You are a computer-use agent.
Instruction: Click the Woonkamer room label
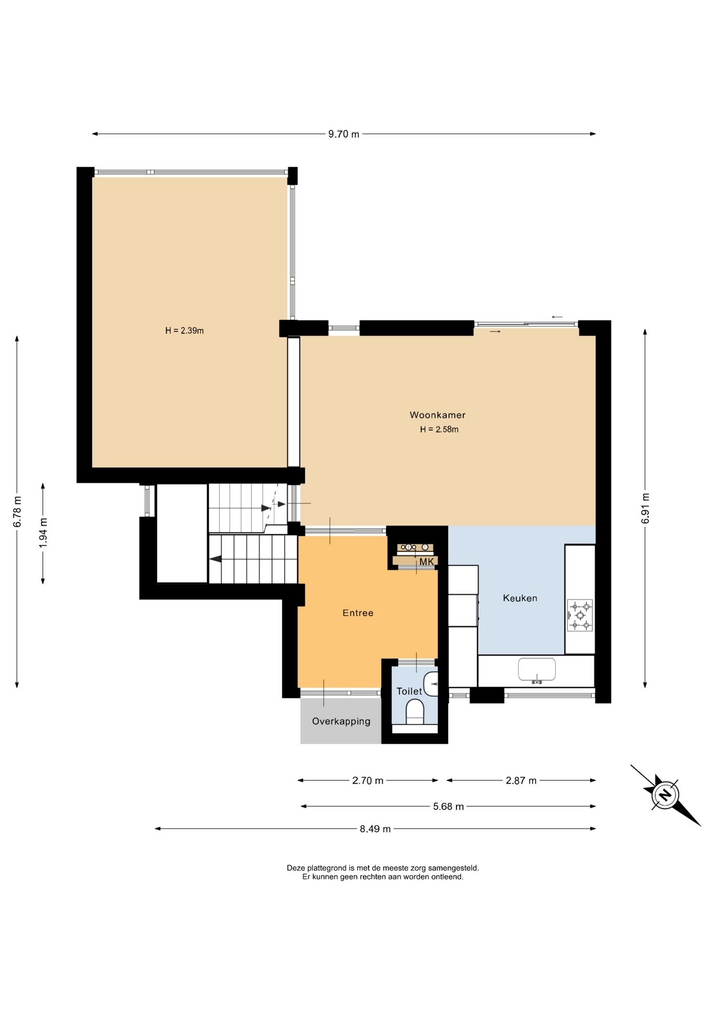point(438,415)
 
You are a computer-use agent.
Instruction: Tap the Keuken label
point(520,598)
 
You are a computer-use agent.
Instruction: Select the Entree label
point(358,613)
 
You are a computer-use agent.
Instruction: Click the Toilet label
point(409,691)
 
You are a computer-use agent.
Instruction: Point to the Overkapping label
point(341,721)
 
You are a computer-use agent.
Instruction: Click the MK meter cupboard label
point(426,562)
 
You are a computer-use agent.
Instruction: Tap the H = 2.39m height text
point(184,331)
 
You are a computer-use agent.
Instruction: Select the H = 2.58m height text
point(439,429)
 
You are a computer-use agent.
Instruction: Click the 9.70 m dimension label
point(344,134)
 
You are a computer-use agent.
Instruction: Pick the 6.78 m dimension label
point(17,511)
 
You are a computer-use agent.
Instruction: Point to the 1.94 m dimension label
point(43,533)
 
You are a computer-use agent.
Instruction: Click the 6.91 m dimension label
point(646,509)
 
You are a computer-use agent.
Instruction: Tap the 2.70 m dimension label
point(368,781)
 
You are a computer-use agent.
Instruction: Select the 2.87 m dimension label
point(521,781)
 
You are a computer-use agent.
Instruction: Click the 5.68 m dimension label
point(449,807)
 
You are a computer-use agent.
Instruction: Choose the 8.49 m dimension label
point(375,829)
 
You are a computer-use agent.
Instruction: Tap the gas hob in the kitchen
point(580,615)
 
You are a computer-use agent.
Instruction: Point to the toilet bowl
point(415,711)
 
